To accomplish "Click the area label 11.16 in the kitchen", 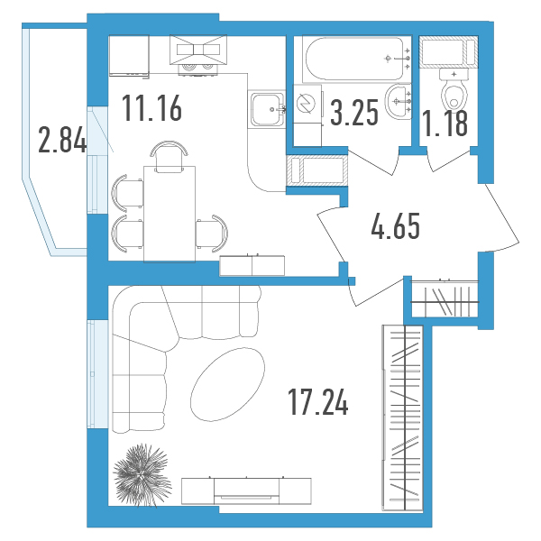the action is pos(151,108).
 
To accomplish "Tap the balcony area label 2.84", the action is pos(62,140).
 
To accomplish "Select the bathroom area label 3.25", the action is pos(354,113).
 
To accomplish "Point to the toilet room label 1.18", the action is pos(445,124).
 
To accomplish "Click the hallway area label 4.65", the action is pos(396,226).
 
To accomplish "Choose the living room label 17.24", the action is pos(317,401).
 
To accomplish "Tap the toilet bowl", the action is pos(454,89).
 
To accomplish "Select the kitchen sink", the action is pos(267,109).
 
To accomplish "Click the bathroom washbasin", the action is pos(399,101).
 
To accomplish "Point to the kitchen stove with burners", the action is pos(198,55).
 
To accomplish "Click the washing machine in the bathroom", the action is pos(307,104).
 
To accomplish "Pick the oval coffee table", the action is pos(228,384).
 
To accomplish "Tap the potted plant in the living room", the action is pos(142,475).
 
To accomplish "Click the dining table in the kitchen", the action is pos(170,214).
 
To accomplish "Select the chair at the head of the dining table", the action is pos(170,157).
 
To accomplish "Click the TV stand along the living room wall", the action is pos(246,491).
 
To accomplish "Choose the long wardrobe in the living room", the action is pos(403,417).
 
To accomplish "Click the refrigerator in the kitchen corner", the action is pos(129,56).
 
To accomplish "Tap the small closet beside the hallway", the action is pos(445,298).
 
